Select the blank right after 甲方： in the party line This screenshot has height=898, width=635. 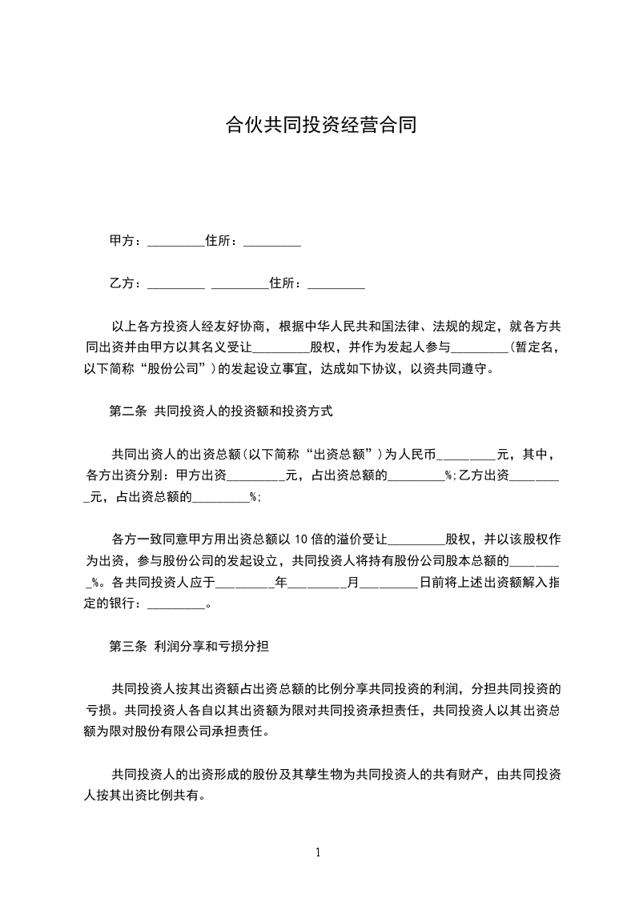click(176, 243)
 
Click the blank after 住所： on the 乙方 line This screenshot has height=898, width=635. click(336, 285)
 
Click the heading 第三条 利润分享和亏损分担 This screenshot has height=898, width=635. click(194, 646)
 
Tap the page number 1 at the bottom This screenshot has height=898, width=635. click(318, 852)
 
